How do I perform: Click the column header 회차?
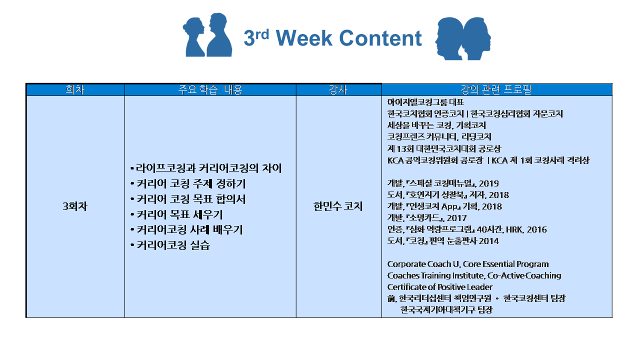click(x=75, y=90)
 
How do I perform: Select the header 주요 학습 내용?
click(x=210, y=90)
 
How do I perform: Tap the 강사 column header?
click(x=338, y=90)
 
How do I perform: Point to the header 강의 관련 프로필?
click(x=496, y=90)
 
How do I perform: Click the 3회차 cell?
click(x=75, y=206)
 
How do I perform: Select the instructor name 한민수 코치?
click(x=338, y=206)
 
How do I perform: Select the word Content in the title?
click(x=380, y=38)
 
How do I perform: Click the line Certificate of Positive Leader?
click(x=439, y=287)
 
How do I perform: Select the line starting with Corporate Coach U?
click(x=467, y=264)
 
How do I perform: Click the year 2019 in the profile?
click(x=488, y=183)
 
